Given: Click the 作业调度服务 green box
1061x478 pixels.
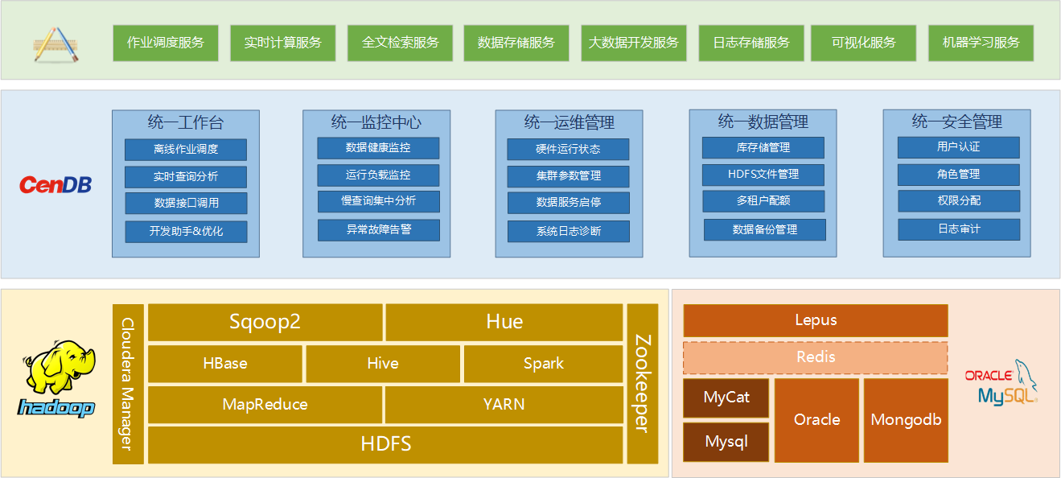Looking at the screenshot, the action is [166, 43].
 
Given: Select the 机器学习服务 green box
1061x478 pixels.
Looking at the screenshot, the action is [981, 43].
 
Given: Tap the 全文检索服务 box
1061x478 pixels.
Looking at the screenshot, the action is [400, 43].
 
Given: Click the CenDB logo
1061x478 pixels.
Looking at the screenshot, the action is [56, 184].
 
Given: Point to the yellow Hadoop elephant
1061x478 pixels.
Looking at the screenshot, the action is [60, 366].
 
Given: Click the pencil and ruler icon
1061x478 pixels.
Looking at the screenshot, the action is [56, 45].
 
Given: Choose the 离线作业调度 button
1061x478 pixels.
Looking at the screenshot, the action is [186, 149].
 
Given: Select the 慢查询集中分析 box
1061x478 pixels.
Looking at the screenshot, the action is [378, 201].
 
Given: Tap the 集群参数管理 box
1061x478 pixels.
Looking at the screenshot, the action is [569, 176].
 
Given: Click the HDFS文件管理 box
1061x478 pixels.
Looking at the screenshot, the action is [763, 175].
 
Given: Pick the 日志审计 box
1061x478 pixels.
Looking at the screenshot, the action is [959, 229].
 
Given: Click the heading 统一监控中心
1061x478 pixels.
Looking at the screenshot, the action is [376, 122].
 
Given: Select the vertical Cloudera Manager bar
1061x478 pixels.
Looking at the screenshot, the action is [128, 384].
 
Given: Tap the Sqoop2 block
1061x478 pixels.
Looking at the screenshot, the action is [265, 322].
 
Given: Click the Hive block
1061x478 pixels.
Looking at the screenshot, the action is [383, 364].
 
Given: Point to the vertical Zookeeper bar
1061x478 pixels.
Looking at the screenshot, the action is [643, 384].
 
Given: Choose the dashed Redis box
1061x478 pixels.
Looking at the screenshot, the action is [816, 357].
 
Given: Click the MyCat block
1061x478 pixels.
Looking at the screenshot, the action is [726, 398].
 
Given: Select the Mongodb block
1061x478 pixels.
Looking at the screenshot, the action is [906, 420].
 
